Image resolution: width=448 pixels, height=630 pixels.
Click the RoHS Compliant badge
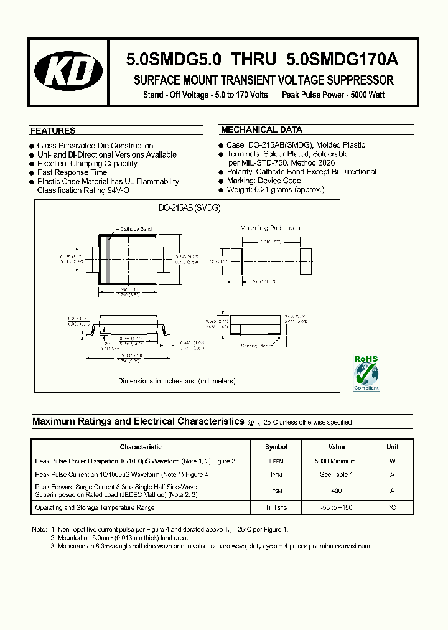point(366,373)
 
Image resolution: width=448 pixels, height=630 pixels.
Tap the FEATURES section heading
point(53,131)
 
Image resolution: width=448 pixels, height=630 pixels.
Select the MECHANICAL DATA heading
point(261,130)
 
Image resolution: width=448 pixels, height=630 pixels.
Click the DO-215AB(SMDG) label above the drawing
point(186,209)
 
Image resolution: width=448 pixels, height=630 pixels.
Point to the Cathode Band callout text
point(136,229)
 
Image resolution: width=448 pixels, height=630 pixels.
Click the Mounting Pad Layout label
point(271,228)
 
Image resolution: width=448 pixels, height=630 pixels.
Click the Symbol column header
point(276,447)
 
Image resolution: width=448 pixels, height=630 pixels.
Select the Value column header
point(336,447)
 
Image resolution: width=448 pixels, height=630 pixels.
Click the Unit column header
point(392,447)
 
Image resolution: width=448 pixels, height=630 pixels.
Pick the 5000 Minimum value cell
point(336,461)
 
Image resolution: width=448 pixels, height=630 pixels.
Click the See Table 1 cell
point(336,475)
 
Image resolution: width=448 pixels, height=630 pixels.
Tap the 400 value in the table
point(336,491)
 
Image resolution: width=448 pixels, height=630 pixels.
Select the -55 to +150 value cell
point(336,507)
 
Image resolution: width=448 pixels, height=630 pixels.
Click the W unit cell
point(392,461)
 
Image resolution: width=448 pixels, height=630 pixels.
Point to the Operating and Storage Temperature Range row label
point(95,507)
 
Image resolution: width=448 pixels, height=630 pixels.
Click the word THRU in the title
point(253,60)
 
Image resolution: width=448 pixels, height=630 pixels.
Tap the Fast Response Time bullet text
point(72,172)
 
